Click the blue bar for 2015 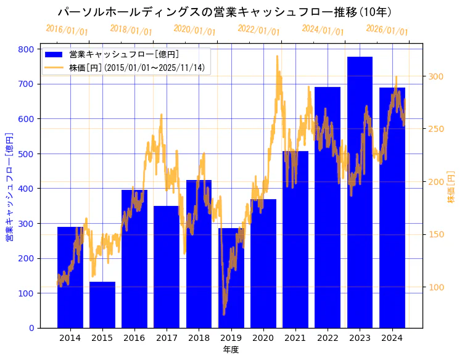pos(102,305)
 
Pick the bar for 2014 pos(70,277)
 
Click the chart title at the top pos(225,12)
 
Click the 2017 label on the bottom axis pos(167,338)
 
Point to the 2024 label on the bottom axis pos(392,338)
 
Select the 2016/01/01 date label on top pos(67,30)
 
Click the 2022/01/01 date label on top pos(258,30)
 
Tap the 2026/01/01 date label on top pos(387,30)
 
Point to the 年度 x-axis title pos(231,350)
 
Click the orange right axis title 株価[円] pos(451,188)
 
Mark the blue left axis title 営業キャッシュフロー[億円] pos(9,186)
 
